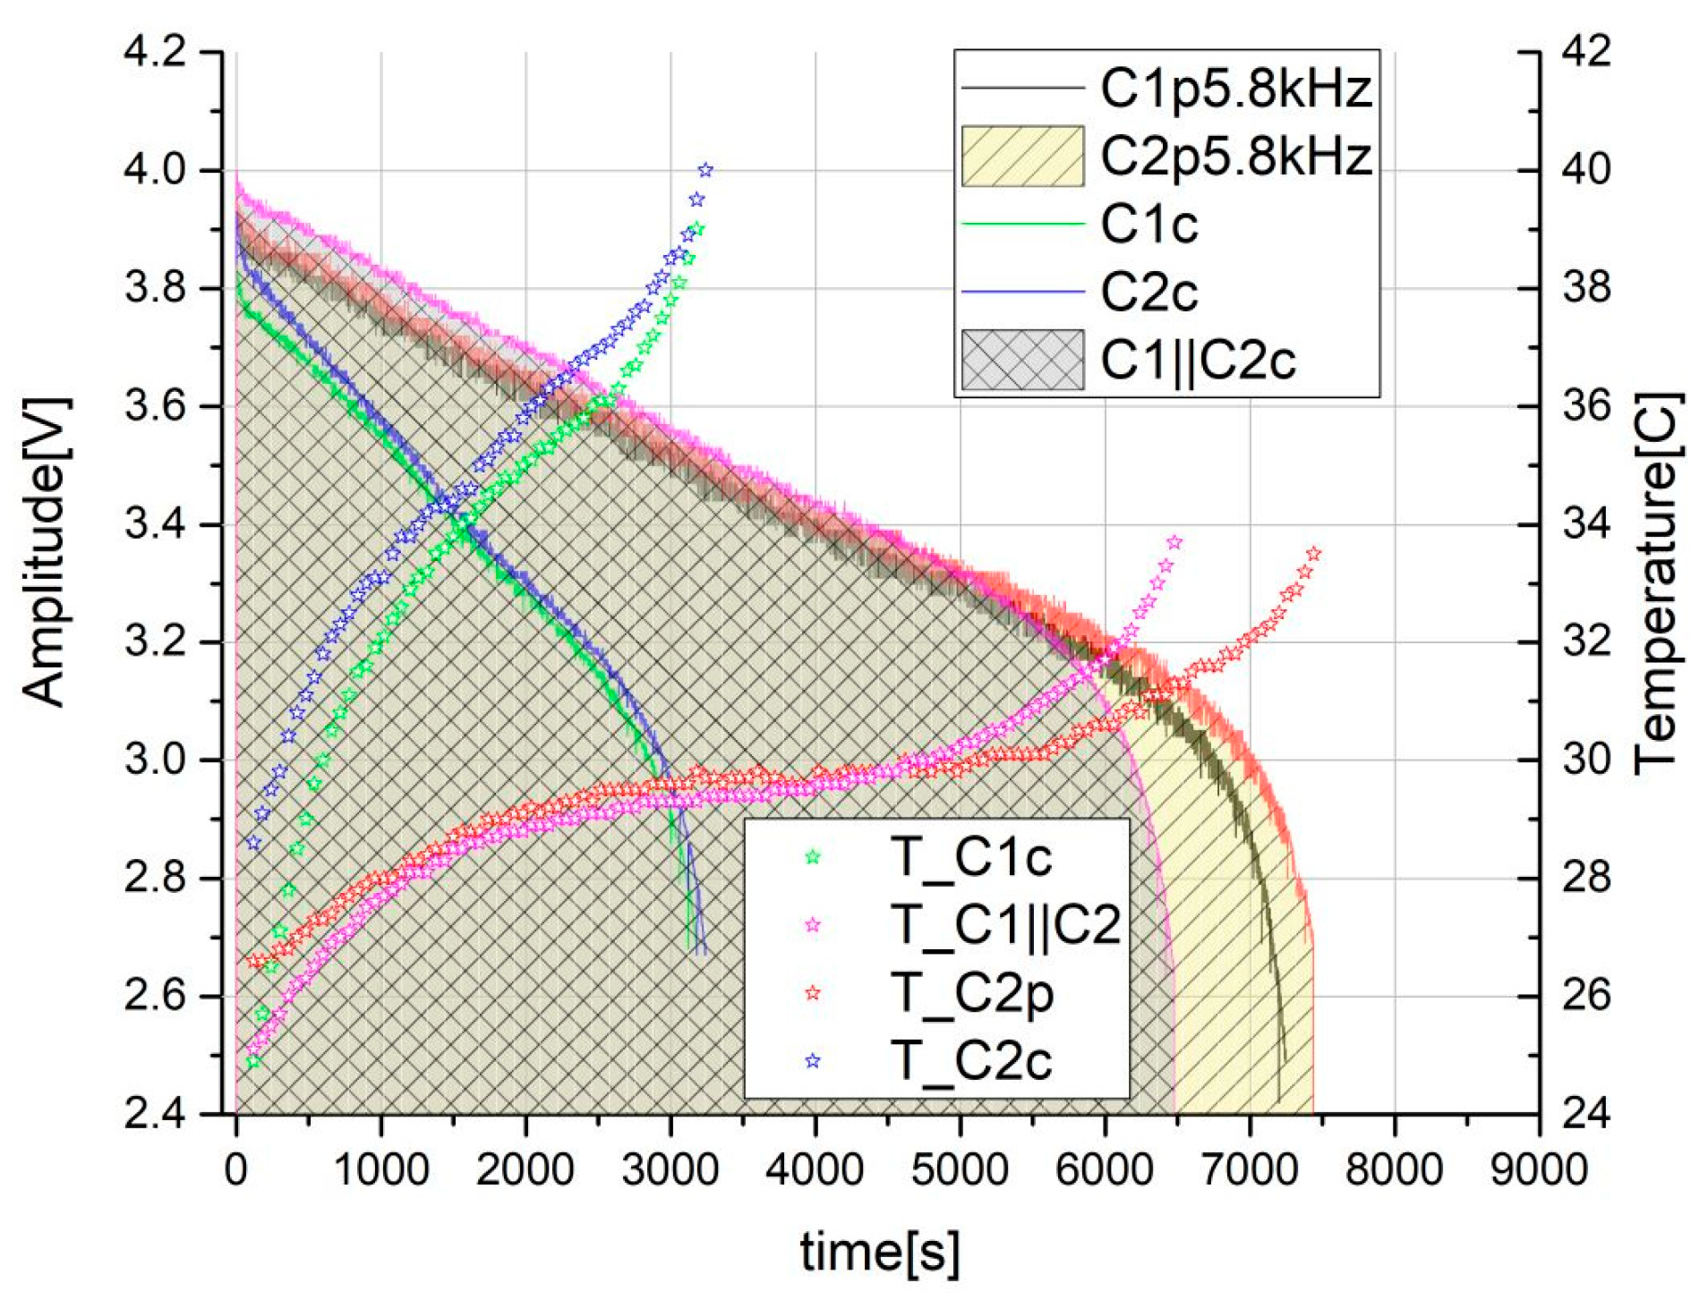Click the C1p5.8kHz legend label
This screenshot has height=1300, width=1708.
[1235, 89]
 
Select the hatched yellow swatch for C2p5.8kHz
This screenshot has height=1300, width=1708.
[1022, 156]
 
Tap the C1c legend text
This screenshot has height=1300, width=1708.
[1149, 224]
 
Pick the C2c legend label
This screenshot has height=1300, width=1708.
[1149, 292]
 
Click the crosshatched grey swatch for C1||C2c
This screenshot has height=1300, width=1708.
[1022, 360]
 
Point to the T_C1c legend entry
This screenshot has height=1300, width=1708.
[970, 857]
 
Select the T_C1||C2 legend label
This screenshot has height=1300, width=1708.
[1004, 924]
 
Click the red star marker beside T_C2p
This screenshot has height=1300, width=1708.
[812, 993]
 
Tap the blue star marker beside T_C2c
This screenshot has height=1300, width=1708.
[812, 1061]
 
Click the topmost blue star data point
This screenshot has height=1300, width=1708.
[705, 170]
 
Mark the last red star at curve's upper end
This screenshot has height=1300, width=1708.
[1313, 554]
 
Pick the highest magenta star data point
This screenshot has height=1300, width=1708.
[1174, 542]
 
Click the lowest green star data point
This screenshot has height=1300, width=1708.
[253, 1062]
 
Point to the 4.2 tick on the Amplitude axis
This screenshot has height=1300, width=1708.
[156, 52]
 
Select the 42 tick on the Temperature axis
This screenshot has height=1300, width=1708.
[1586, 52]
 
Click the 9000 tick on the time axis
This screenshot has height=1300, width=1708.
[1539, 1170]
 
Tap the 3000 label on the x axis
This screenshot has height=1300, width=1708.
[670, 1170]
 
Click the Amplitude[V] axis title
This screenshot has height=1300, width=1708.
[44, 552]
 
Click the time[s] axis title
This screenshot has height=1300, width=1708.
[879, 1252]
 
